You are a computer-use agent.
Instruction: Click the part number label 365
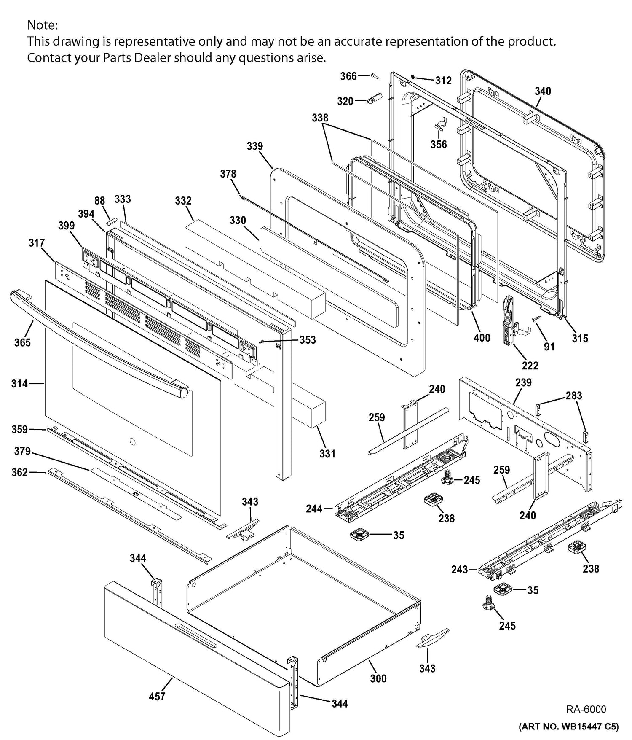(x=22, y=342)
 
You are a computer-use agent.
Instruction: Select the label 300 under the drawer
(x=378, y=678)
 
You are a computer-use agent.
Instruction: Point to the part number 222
(x=530, y=366)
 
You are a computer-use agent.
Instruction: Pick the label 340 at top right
(x=543, y=91)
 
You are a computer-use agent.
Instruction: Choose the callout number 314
(x=19, y=383)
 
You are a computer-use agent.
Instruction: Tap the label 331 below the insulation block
(x=327, y=454)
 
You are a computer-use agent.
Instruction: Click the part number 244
(x=314, y=509)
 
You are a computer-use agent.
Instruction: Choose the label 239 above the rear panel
(x=523, y=382)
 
